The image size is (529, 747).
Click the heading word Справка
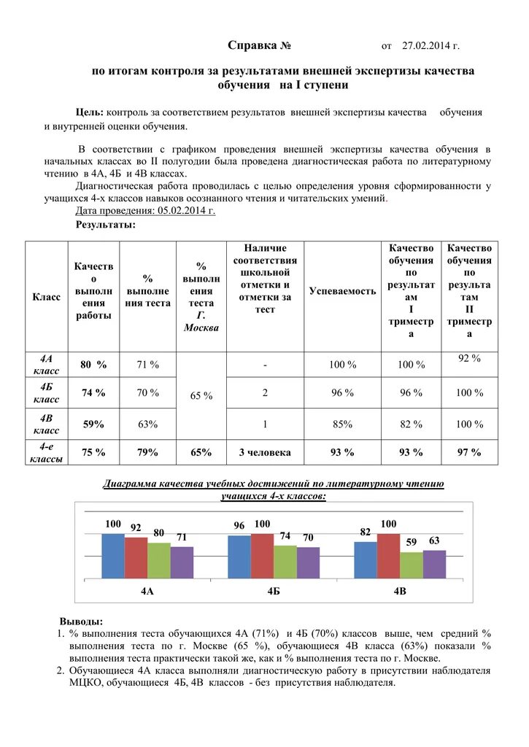coord(252,46)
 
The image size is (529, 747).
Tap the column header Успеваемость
coord(343,291)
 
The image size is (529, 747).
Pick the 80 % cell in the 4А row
coord(93,364)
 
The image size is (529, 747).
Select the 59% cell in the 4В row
coord(93,424)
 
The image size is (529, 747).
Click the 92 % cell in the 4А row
coord(469,358)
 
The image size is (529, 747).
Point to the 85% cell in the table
coord(342,424)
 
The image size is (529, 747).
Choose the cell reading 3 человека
coord(265,452)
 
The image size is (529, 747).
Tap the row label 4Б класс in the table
coord(47,393)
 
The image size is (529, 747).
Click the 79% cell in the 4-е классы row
coord(148,452)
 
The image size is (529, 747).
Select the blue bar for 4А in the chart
coord(113,556)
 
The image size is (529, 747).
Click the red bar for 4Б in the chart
coord(262,556)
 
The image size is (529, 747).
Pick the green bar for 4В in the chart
coord(412,565)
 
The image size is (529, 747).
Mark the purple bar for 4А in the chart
coord(182,562)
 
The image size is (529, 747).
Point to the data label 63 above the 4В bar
coord(434,541)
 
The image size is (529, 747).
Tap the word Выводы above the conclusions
coord(81,622)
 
